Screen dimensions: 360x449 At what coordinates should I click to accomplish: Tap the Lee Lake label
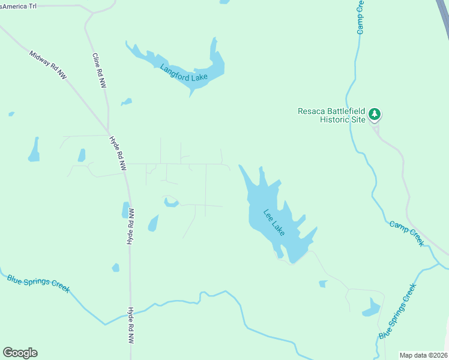[x=274, y=221]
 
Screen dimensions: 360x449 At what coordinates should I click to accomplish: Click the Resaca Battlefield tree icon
[x=375, y=113]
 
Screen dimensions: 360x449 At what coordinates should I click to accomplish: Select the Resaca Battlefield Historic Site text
[x=331, y=115]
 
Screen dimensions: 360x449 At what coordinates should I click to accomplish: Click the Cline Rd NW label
[x=99, y=71]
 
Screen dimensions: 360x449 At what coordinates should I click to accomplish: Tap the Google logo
[x=20, y=353]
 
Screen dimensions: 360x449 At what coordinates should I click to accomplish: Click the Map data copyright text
[x=423, y=355]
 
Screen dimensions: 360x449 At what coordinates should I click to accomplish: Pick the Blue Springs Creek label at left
[x=38, y=284]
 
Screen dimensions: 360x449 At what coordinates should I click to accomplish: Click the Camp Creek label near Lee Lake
[x=407, y=233]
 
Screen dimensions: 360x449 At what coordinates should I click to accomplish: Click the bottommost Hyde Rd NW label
[x=131, y=326]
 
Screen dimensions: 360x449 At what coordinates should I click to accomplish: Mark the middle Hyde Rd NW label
[x=130, y=227]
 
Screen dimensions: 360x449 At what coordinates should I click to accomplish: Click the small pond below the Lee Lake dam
[x=323, y=283]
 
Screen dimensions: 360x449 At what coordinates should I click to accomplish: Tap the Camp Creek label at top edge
[x=361, y=17]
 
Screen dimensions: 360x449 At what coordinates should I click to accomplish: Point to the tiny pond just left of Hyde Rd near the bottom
[x=115, y=268]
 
